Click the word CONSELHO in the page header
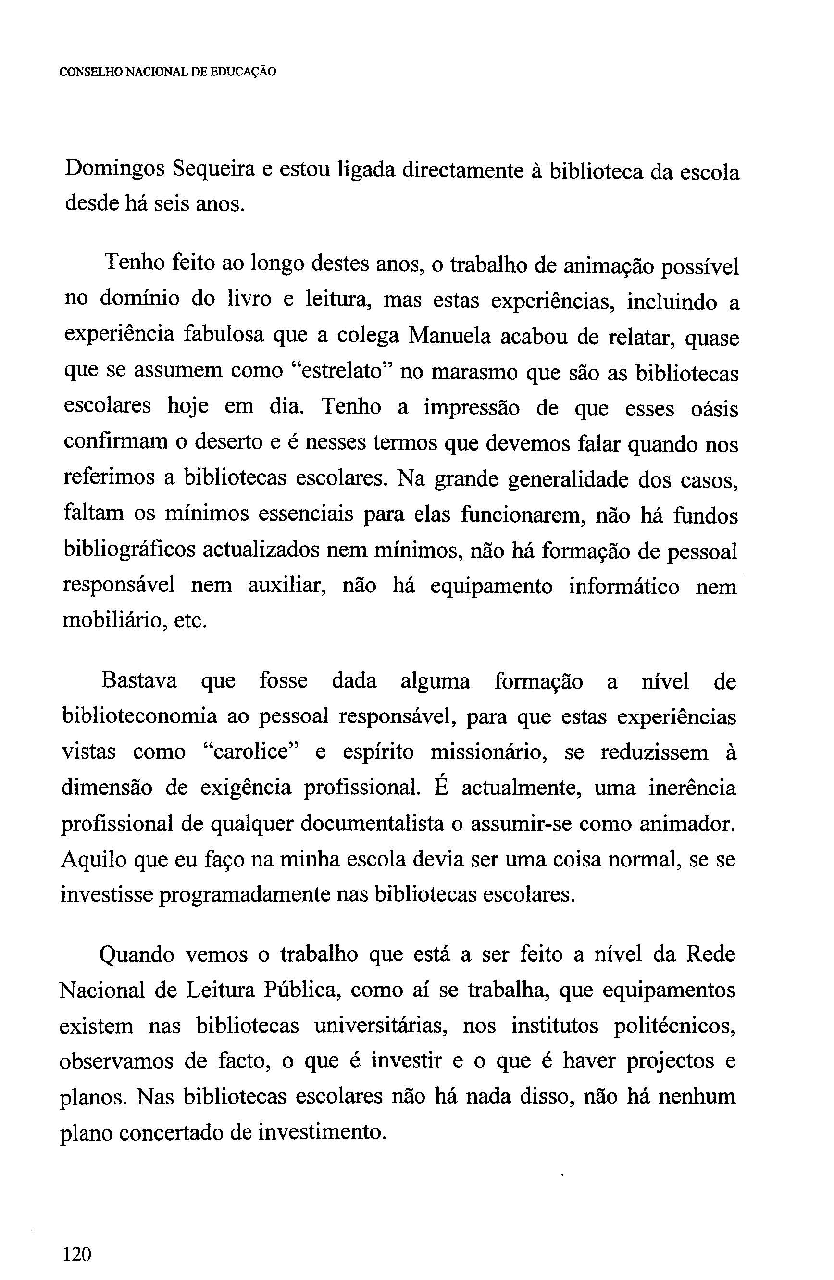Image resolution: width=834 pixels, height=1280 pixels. tap(91, 72)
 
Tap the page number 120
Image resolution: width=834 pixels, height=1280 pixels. tap(77, 1239)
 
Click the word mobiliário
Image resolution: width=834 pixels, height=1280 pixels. tap(113, 621)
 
